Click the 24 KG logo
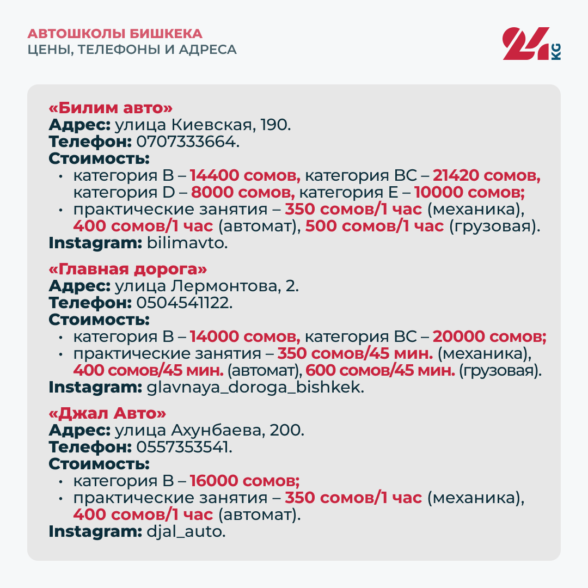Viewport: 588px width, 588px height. pyautogui.click(x=531, y=43)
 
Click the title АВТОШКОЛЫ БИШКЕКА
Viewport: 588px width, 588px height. pyautogui.click(x=115, y=34)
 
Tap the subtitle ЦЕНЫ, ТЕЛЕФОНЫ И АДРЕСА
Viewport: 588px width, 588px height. pyautogui.click(x=132, y=50)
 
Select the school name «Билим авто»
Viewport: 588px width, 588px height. pyautogui.click(x=111, y=108)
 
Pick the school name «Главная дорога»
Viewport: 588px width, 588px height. pyautogui.click(x=128, y=269)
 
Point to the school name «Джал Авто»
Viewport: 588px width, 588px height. pyautogui.click(x=107, y=413)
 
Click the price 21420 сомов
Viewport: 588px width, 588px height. pyautogui.click(x=486, y=176)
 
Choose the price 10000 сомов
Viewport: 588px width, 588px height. pyautogui.click(x=469, y=193)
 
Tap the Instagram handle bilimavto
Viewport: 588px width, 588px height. pyautogui.click(x=187, y=243)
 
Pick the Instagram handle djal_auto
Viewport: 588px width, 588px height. pyautogui.click(x=186, y=531)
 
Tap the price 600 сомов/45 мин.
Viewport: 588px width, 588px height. pyautogui.click(x=380, y=371)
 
